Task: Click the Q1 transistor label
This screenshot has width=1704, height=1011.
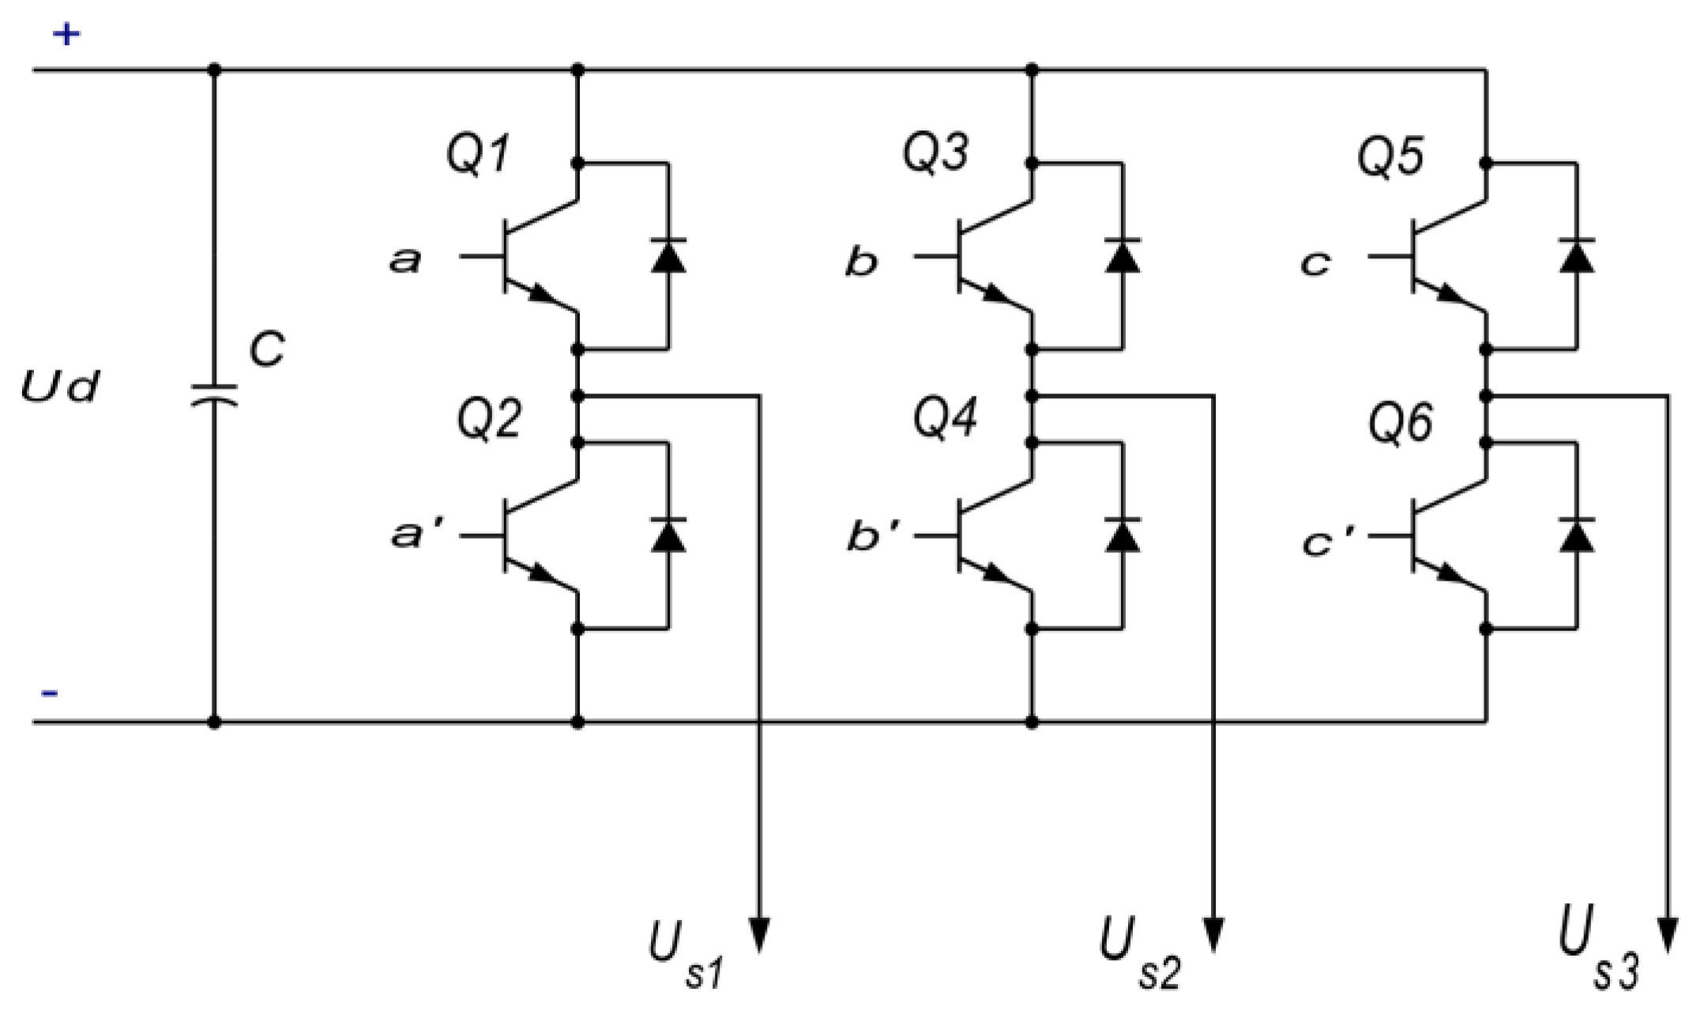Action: (x=478, y=154)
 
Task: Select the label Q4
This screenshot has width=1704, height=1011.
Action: (x=945, y=418)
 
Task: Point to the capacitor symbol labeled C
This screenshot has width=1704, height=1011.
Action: (x=213, y=395)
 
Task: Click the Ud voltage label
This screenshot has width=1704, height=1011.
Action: (x=60, y=388)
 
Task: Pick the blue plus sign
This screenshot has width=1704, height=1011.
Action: (x=66, y=34)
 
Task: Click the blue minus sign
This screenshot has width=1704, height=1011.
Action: (x=49, y=693)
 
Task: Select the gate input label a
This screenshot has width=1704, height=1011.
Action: (x=405, y=260)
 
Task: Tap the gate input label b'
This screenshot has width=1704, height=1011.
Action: (x=871, y=537)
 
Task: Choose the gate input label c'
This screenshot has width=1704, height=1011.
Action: (x=1327, y=543)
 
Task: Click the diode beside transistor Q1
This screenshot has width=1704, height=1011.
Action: (x=668, y=255)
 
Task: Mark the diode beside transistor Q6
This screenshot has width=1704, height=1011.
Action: (x=1577, y=535)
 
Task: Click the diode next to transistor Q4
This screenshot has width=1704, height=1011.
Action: (x=1122, y=535)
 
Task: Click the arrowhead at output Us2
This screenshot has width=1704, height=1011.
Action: (x=1213, y=936)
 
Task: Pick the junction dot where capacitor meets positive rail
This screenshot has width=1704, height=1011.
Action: (x=213, y=70)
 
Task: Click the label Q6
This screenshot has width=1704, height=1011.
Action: (x=1400, y=424)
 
